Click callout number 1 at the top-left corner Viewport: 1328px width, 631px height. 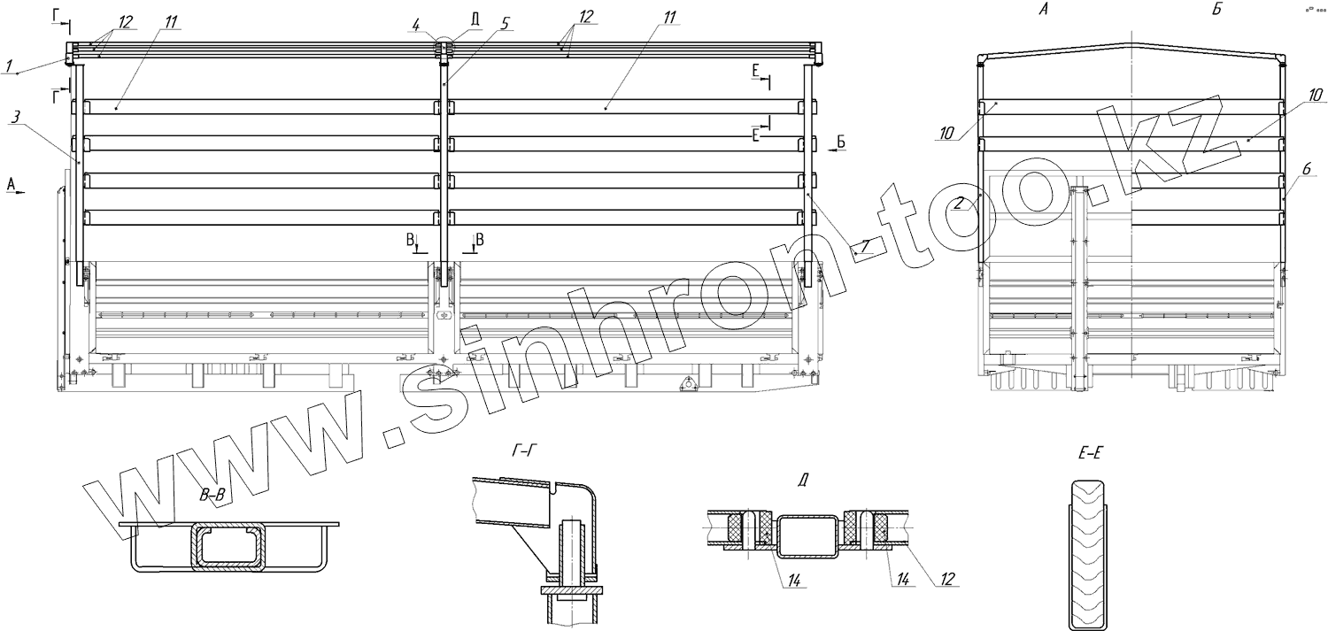[x=8, y=65]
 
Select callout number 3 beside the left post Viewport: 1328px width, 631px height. [x=15, y=118]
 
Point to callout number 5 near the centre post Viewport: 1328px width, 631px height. [x=505, y=24]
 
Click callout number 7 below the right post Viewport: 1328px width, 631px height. [x=866, y=244]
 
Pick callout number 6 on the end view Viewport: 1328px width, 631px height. [x=1306, y=169]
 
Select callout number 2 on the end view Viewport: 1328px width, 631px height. [x=958, y=204]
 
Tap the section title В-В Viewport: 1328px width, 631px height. [x=212, y=496]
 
